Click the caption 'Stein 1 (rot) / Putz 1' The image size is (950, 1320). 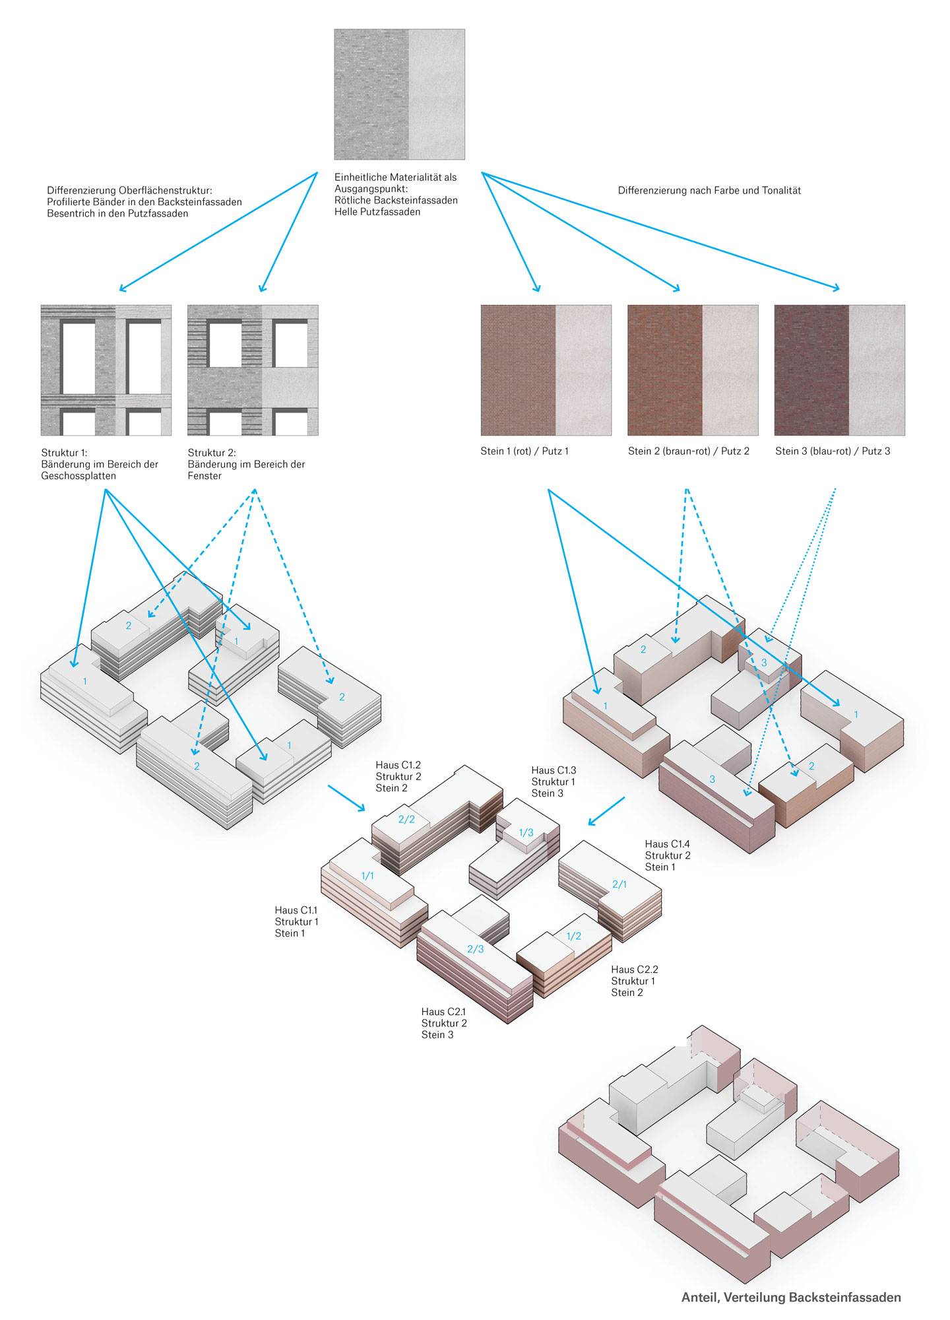[x=524, y=451]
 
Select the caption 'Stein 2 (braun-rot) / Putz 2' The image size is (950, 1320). [x=688, y=451]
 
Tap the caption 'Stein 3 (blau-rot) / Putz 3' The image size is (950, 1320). [x=832, y=451]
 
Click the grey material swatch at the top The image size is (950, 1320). [x=399, y=94]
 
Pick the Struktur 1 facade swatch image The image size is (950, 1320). [x=106, y=370]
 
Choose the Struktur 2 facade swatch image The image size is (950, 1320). [x=253, y=370]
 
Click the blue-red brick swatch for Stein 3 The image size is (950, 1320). [x=839, y=370]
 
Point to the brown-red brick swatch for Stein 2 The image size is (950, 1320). [x=693, y=370]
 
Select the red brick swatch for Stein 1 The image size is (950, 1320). [x=546, y=370]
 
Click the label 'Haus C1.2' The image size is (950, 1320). [x=398, y=766]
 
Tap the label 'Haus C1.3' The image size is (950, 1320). [x=554, y=771]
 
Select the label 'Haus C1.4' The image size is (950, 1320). [x=667, y=844]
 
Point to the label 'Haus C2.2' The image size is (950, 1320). [x=634, y=970]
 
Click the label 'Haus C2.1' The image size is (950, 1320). [x=443, y=1012]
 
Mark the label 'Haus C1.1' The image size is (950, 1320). [x=296, y=911]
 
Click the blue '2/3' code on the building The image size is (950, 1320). [x=475, y=949]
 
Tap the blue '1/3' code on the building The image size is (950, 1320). [x=526, y=833]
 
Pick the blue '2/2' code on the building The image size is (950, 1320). [x=406, y=820]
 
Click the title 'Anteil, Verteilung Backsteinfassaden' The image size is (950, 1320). [x=790, y=1298]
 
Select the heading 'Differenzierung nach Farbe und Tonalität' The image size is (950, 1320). [x=709, y=191]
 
